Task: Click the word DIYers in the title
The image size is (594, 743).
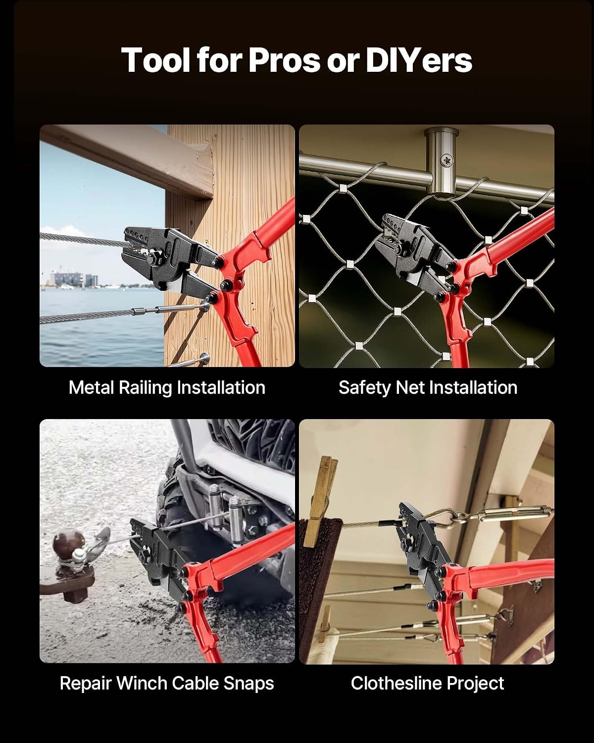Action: [x=419, y=60]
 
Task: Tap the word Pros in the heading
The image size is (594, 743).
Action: [x=284, y=60]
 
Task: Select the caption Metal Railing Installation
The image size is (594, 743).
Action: [x=167, y=388]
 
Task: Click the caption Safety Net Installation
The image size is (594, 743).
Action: [x=428, y=388]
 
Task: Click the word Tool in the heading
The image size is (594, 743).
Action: [x=155, y=60]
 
